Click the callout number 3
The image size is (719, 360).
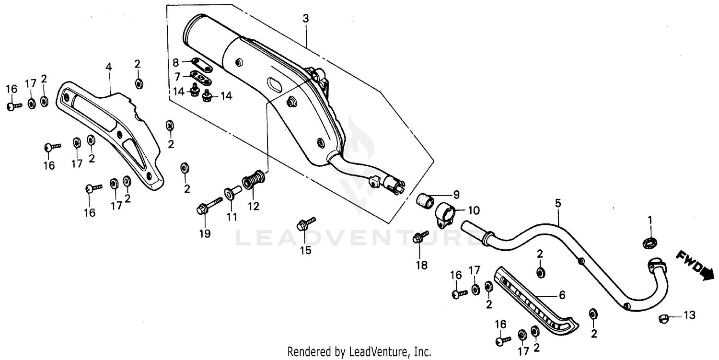pos(306,19)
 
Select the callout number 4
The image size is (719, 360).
pos(109,67)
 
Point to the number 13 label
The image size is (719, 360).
pos(689,315)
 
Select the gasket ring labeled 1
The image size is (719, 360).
pos(649,244)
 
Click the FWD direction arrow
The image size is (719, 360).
pos(690,264)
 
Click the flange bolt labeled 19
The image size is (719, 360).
pos(207,207)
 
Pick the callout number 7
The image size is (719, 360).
pos(177,77)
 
